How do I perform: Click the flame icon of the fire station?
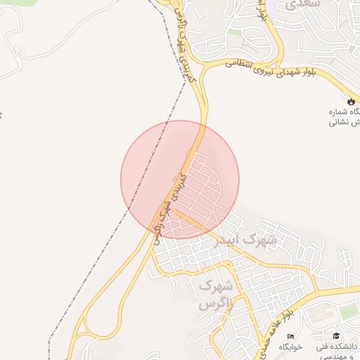pyautogui.click(x=351, y=102)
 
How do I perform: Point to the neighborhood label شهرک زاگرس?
pyautogui.click(x=215, y=295)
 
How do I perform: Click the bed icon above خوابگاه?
pyautogui.click(x=290, y=336)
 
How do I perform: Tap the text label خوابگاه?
pyautogui.click(x=290, y=347)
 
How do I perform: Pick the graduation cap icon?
pyautogui.click(x=336, y=336)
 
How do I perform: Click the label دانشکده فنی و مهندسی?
pyautogui.click(x=338, y=351)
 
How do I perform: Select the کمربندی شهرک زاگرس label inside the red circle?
pyautogui.click(x=169, y=204)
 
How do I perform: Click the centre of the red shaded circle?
pyautogui.click(x=180, y=179)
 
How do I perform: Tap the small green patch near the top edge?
pyautogui.click(x=235, y=32)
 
